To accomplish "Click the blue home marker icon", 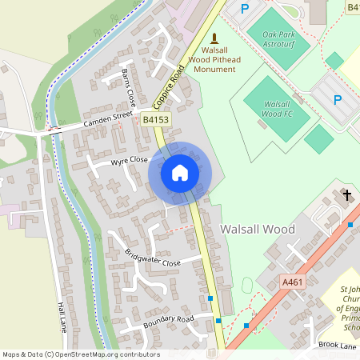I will point(180,173).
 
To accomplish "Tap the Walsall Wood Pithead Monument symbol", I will point(214,38).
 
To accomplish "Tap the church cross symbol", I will point(348,194).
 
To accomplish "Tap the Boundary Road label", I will point(169,322).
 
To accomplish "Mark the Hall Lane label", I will point(62,317).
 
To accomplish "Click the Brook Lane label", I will point(337,344).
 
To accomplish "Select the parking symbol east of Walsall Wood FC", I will point(338,100).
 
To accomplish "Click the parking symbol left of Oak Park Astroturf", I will point(245,9).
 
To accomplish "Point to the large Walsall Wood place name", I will point(257,230).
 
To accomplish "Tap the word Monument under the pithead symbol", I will point(214,70).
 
